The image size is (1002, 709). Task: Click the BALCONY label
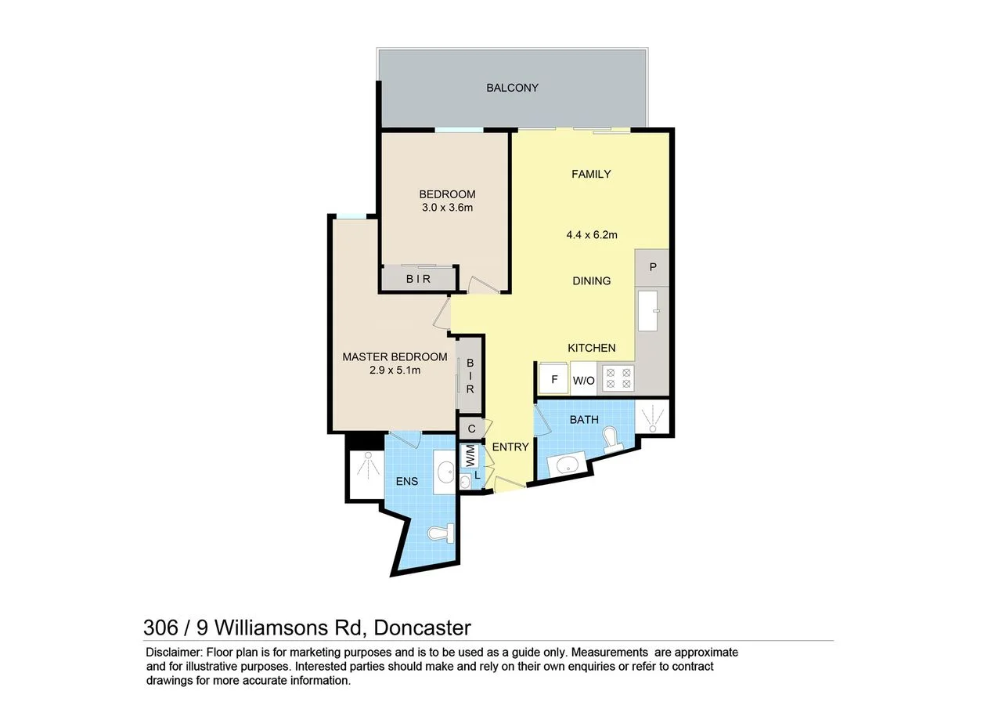512,88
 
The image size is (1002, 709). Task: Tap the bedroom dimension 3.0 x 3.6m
447,208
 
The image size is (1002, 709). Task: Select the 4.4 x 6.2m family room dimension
592,234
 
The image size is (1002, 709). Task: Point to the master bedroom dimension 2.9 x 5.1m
395,371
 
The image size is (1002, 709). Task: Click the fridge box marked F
554,380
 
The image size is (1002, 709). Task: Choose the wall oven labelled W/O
584,381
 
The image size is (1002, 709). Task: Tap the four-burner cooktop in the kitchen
618,378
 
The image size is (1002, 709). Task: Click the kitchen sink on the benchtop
647,311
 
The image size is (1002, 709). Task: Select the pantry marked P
653,266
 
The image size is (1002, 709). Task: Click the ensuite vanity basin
445,472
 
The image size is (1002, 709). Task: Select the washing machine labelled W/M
470,454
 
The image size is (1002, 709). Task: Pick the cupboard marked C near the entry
471,429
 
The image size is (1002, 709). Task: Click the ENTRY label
510,447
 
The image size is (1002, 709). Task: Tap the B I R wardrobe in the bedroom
418,279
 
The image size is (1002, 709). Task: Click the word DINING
592,280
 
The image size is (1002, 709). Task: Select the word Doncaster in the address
422,628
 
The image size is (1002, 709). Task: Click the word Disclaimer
173,652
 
